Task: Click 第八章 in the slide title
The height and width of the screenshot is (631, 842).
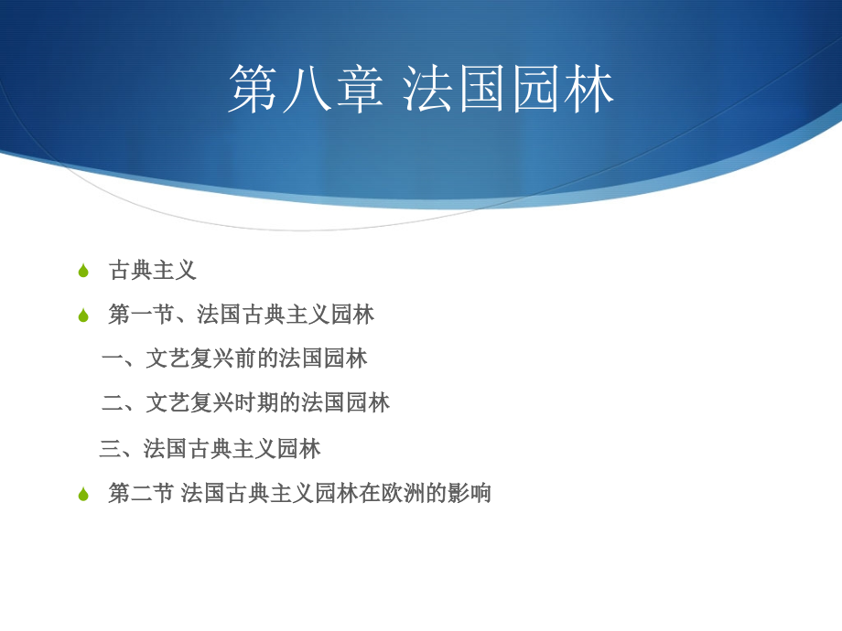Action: [x=306, y=91]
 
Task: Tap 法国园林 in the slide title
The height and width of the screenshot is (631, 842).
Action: [x=509, y=91]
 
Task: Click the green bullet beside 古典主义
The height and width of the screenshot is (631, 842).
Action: [x=83, y=271]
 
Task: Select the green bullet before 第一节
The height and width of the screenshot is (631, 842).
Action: [x=83, y=315]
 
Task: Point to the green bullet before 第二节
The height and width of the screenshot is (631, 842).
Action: [x=83, y=494]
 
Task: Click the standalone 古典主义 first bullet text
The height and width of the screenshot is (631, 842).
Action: [x=153, y=271]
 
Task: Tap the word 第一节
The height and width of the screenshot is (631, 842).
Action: [x=141, y=315]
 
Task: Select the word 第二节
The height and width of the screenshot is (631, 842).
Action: [x=141, y=493]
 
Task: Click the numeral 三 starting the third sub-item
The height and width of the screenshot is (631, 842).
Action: [x=110, y=448]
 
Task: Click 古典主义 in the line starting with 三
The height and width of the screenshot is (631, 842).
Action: [x=232, y=448]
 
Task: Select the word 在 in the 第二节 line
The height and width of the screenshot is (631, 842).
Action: [x=370, y=493]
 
